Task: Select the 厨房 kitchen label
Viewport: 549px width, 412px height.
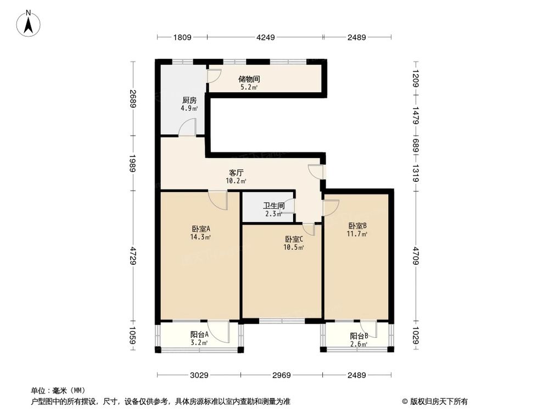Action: pyautogui.click(x=189, y=101)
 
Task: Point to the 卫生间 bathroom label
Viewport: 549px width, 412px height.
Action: pyautogui.click(x=273, y=207)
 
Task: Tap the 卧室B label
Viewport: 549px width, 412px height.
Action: pyautogui.click(x=357, y=225)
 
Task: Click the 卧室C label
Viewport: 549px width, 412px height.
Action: pyautogui.click(x=294, y=239)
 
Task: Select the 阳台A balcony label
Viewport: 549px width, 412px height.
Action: pyautogui.click(x=199, y=335)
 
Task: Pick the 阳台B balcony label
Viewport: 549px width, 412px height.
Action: pyautogui.click(x=359, y=336)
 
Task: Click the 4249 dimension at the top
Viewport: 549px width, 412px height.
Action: pyautogui.click(x=265, y=37)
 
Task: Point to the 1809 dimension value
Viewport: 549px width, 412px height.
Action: pyautogui.click(x=182, y=37)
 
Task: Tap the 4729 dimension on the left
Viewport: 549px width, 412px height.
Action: pyautogui.click(x=132, y=256)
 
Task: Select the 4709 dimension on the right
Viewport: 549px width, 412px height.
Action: pyautogui.click(x=416, y=255)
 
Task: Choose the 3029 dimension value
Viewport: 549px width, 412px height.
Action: pyautogui.click(x=199, y=375)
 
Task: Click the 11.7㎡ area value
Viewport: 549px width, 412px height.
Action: pyautogui.click(x=357, y=233)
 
